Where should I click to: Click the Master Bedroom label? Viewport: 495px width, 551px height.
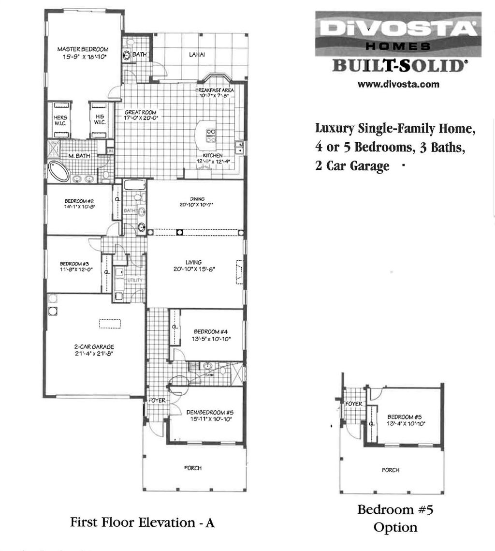(x=83, y=49)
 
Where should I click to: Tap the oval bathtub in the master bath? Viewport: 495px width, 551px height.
(x=59, y=172)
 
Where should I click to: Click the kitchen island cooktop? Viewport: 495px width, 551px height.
(x=211, y=134)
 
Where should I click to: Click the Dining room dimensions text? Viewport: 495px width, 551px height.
(x=195, y=205)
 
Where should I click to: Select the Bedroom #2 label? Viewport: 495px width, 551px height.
(x=79, y=201)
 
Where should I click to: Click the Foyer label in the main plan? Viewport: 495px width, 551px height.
(x=157, y=401)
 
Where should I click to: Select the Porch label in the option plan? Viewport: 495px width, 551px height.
(x=391, y=470)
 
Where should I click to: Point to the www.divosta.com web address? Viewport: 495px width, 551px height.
(x=398, y=84)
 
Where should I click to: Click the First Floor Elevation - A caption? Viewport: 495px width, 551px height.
(x=142, y=522)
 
